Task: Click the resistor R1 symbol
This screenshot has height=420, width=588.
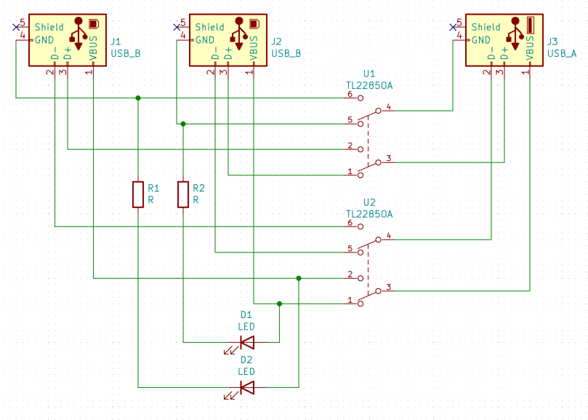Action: coord(138,194)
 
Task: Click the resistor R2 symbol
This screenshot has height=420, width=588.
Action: coord(183,194)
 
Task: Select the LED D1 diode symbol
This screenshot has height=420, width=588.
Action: coord(247,341)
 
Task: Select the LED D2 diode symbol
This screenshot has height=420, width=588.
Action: coord(247,387)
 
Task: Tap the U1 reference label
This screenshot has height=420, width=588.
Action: coord(368,74)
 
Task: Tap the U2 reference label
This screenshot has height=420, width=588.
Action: coord(368,202)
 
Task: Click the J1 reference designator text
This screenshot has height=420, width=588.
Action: coord(116,42)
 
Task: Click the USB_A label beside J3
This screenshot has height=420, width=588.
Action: coord(562,53)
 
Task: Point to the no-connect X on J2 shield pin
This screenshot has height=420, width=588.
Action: coord(177,27)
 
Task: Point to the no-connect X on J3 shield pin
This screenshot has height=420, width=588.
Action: coord(453,27)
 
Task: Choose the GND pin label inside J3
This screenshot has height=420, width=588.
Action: coord(481,39)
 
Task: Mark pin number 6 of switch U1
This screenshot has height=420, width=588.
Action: coord(350,95)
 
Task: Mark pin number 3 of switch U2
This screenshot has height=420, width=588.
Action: coord(389,287)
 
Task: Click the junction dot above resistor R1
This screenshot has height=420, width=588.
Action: coord(138,98)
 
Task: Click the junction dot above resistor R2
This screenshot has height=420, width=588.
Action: coord(183,124)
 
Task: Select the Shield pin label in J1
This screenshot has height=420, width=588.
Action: coord(49,27)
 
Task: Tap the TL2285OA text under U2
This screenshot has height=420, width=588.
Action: coord(368,214)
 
